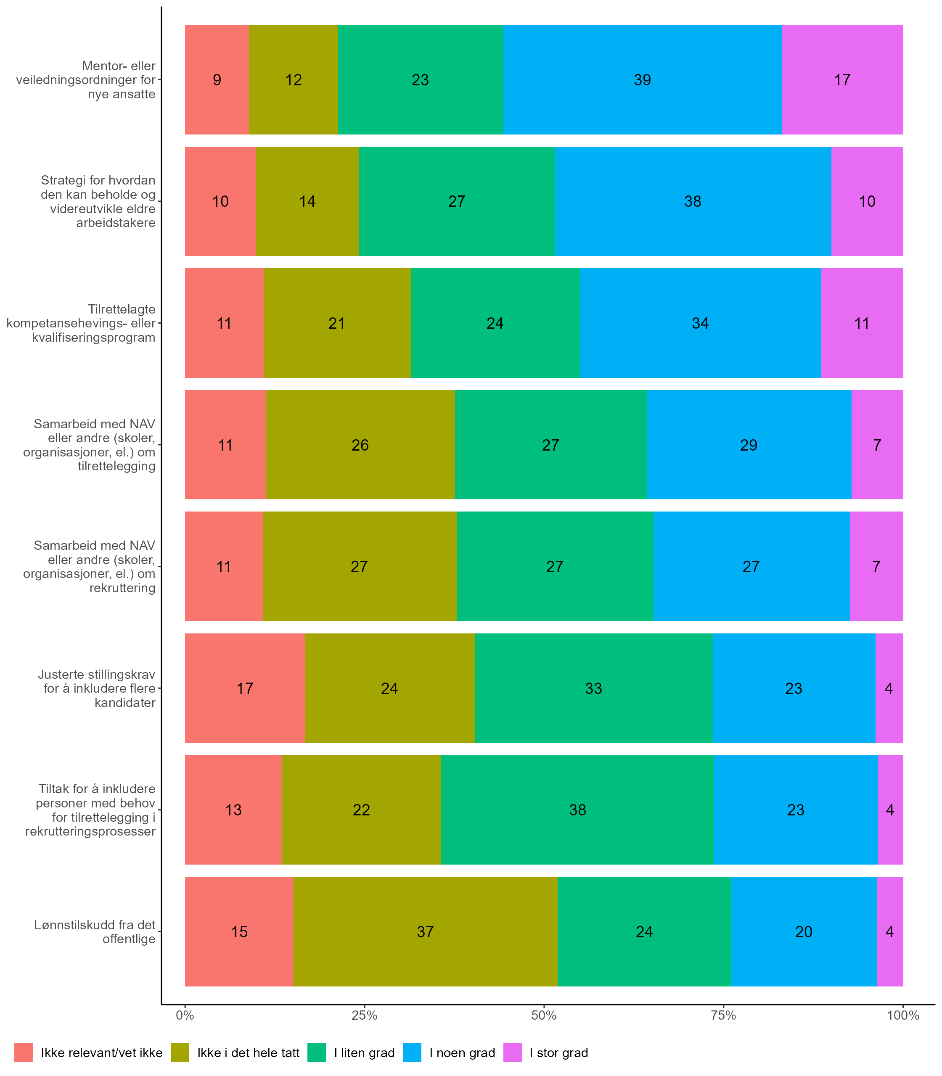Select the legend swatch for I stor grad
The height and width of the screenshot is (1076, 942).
pos(513,1052)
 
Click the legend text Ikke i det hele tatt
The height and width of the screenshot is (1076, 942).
pos(248,1053)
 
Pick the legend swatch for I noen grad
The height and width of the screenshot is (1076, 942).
pos(412,1052)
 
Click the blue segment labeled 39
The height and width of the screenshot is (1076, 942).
pos(643,79)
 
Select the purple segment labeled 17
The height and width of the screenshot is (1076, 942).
pos(842,79)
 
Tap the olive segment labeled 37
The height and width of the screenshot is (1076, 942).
pos(425,931)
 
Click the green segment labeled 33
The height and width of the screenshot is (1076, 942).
pos(593,688)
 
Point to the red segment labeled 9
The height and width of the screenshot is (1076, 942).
pos(217,79)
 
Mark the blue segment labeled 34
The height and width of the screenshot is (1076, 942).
pos(700,323)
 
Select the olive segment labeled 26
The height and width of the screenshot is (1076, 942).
pos(360,445)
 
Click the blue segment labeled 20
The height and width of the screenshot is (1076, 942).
pos(804,931)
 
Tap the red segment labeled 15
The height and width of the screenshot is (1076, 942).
pos(239,931)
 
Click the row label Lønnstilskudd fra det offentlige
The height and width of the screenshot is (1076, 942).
pos(95,931)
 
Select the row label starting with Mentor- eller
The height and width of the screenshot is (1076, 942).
pos(86,80)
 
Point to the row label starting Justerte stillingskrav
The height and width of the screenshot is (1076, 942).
pos(97,688)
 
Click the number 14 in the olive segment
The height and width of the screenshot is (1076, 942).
pos(307,201)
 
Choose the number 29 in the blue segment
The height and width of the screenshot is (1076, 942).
pos(749,445)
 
